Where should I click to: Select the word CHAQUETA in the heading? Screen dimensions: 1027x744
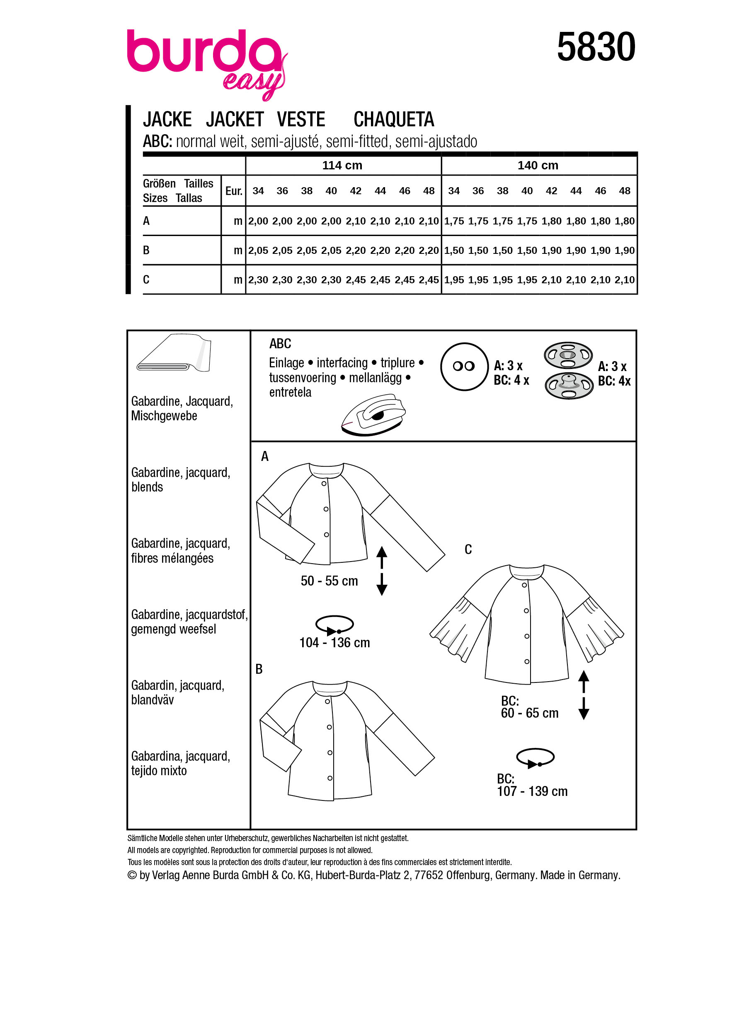393,120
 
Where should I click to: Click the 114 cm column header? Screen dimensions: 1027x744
342,165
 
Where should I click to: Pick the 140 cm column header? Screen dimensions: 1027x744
538,165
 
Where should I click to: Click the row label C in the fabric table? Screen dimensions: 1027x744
146,280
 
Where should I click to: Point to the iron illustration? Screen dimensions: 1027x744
373,415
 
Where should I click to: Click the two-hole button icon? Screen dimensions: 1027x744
464,366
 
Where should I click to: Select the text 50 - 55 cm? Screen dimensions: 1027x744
329,581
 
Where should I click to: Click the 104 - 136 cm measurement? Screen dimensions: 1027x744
334,643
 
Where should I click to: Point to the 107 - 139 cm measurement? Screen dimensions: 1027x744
532,791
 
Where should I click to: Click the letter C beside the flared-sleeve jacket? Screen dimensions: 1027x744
468,549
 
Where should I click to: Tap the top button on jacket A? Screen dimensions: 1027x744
324,484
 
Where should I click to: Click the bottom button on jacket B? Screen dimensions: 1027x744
330,778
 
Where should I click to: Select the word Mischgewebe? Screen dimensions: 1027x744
164,416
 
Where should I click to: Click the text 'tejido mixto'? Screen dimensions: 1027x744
159,771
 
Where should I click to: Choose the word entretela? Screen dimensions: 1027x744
290,392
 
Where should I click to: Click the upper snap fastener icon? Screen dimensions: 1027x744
568,355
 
